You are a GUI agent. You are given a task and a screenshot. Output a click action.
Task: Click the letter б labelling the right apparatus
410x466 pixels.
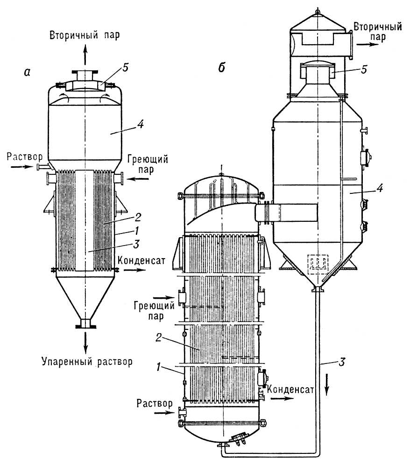[x=222, y=67]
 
